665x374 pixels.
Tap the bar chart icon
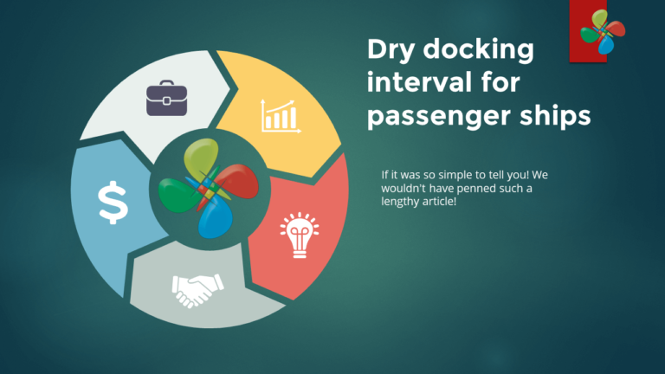click(x=280, y=116)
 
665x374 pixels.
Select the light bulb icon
click(x=299, y=235)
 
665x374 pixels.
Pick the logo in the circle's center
click(x=204, y=187)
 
